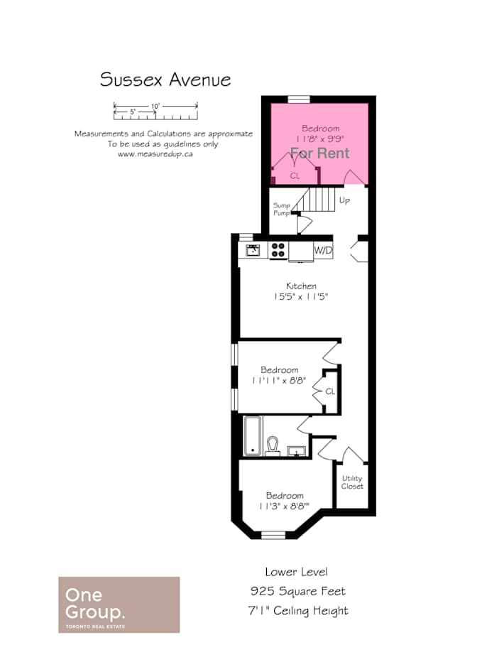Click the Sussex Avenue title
(x=165, y=80)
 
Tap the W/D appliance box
(x=323, y=250)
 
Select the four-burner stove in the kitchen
(x=278, y=250)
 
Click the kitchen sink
(x=253, y=250)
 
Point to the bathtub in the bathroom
(x=253, y=435)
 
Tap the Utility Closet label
(x=353, y=482)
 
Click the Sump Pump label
(x=281, y=209)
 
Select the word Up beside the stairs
(x=344, y=200)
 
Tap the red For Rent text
(x=320, y=153)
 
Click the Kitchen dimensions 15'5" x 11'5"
(x=301, y=296)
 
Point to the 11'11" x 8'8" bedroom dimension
(x=279, y=380)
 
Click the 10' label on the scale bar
(x=155, y=106)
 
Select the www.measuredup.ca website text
(x=155, y=154)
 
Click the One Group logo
(x=119, y=604)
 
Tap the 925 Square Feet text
(x=297, y=591)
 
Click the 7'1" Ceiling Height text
(x=298, y=611)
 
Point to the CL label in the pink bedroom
(x=295, y=175)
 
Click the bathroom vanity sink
(x=296, y=450)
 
